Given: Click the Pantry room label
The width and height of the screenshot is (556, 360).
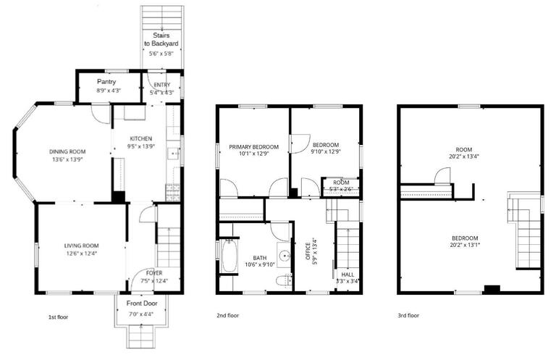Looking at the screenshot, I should (106, 82).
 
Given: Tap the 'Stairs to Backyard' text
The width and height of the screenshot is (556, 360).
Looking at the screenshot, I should (161, 39).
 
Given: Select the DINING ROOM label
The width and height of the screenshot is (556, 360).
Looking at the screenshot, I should (67, 151).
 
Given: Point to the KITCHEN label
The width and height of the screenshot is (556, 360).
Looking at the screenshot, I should (140, 138).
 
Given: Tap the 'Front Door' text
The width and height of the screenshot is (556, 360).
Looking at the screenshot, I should (141, 304).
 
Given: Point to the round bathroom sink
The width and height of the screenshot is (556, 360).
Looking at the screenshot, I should (285, 255).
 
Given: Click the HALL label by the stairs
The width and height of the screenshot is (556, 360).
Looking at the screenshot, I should (347, 275).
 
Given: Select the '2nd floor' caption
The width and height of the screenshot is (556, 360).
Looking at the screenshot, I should (227, 316).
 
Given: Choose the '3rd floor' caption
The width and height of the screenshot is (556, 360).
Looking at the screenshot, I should (408, 316).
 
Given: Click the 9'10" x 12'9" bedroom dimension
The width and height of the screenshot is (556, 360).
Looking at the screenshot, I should (325, 152).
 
